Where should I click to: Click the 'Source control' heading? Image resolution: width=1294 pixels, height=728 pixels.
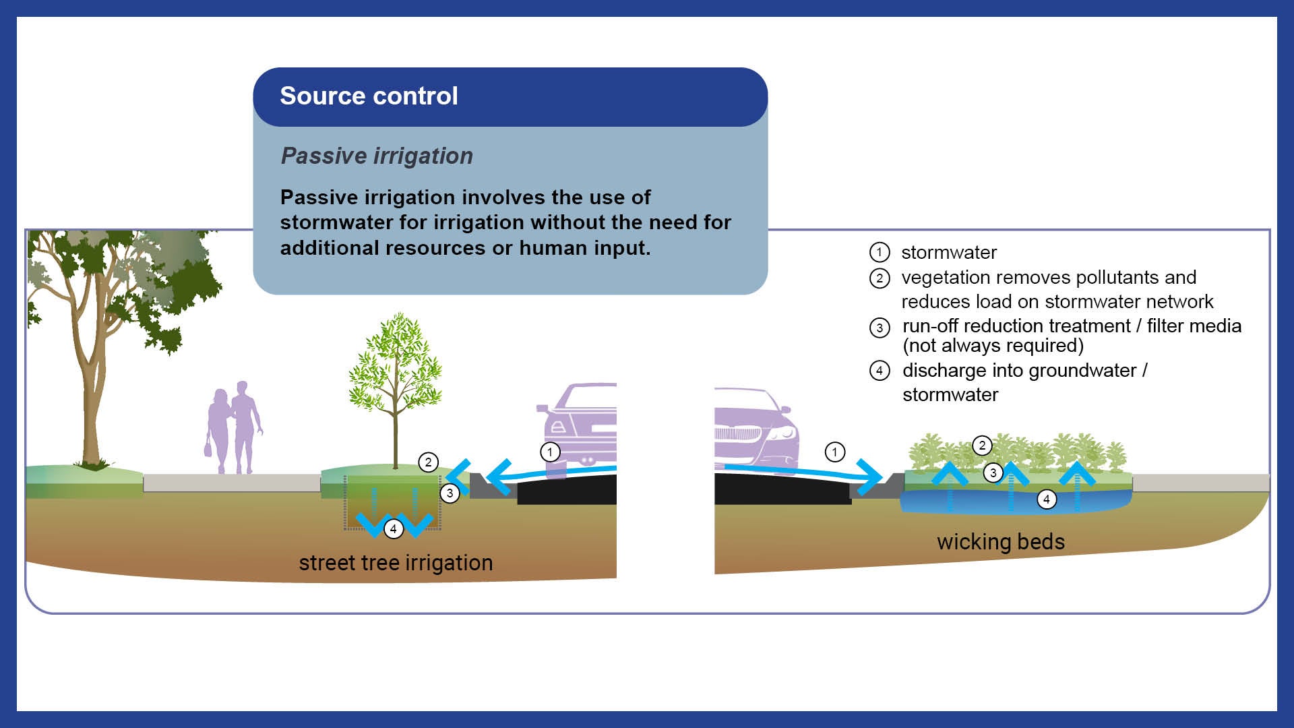(x=369, y=96)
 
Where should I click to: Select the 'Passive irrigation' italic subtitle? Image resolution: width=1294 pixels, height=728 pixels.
(x=377, y=156)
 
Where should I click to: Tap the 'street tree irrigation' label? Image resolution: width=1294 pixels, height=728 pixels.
(x=396, y=562)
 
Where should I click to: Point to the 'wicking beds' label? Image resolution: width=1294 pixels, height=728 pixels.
(x=1001, y=541)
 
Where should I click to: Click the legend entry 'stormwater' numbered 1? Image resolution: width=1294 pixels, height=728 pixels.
(x=949, y=252)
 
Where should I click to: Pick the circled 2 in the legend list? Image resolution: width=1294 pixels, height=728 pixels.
(x=880, y=278)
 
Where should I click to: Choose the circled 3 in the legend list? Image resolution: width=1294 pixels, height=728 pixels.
(x=880, y=328)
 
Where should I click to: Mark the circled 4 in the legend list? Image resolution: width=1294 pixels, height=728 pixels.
(x=880, y=371)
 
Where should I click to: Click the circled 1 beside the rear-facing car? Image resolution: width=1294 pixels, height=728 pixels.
(x=550, y=452)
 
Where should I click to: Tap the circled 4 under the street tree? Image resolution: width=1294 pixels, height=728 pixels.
(x=394, y=529)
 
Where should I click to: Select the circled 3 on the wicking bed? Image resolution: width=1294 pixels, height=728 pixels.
(x=993, y=473)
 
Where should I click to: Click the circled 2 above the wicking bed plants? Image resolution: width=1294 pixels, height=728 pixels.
(x=982, y=445)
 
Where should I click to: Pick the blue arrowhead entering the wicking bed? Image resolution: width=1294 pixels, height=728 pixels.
(x=871, y=477)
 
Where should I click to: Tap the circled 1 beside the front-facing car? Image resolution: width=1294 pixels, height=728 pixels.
(x=835, y=452)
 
